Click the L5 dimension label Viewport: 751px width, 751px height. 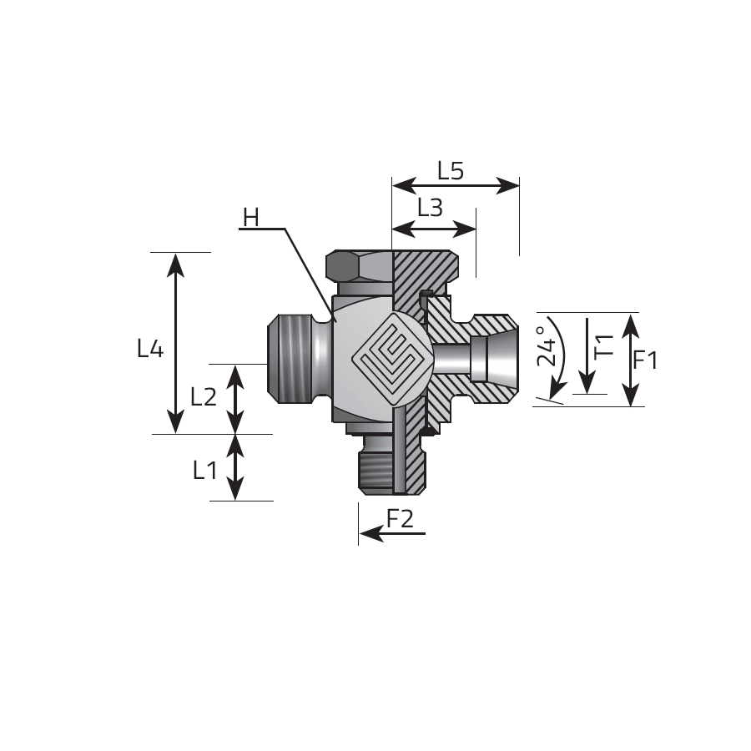451,170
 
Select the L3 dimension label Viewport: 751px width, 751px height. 430,208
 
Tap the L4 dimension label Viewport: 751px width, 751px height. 150,348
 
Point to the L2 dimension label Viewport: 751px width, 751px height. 204,396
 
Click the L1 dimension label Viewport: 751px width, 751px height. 205,471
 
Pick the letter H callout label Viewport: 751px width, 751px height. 251,218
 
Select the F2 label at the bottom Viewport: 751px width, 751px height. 400,518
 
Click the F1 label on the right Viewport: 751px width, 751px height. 645,360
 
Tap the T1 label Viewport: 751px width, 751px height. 605,345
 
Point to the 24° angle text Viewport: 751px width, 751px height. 547,346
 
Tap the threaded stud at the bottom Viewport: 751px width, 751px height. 376,465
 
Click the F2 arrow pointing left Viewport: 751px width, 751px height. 392,533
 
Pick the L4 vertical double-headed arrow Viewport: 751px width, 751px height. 176,344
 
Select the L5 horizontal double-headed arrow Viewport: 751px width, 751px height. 456,185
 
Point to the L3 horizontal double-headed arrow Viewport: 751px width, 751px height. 434,229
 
